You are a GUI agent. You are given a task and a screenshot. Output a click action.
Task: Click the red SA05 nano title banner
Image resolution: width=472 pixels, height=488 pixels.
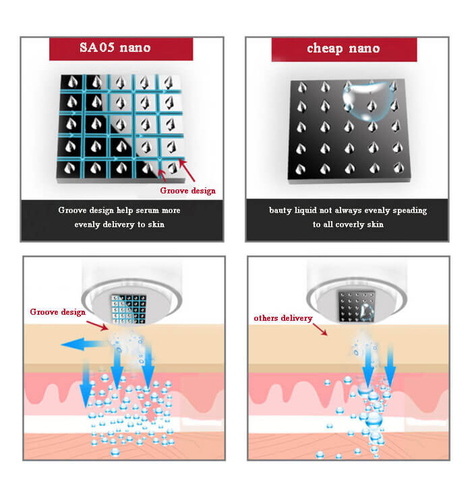click(121, 49)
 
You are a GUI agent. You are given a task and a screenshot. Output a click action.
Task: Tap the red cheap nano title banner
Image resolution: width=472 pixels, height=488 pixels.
click(344, 49)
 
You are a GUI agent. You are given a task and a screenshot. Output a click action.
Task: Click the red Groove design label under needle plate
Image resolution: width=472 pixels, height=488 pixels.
click(187, 191)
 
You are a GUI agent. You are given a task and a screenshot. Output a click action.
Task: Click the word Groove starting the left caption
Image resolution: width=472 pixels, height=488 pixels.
click(72, 211)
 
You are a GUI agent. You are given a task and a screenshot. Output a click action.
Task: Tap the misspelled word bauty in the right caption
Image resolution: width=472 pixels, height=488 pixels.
click(281, 211)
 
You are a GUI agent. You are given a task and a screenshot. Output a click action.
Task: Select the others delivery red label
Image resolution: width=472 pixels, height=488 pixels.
click(283, 317)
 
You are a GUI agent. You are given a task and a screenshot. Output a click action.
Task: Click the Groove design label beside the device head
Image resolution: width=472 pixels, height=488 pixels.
click(57, 312)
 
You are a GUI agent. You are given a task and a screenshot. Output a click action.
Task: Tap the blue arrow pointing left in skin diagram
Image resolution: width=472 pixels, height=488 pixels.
click(78, 344)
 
